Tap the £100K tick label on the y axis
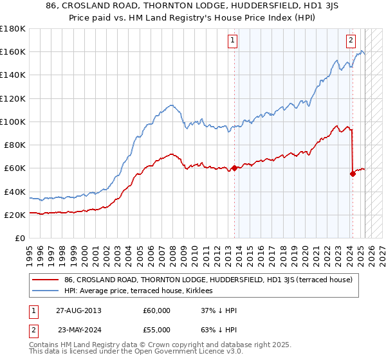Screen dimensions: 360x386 coord(13,122)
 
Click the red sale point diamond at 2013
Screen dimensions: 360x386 coord(234,168)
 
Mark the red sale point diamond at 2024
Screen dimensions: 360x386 coord(353,174)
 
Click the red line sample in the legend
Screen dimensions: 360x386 coord(46,280)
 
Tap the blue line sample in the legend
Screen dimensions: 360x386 coord(46,290)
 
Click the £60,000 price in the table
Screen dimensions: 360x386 coord(157,310)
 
